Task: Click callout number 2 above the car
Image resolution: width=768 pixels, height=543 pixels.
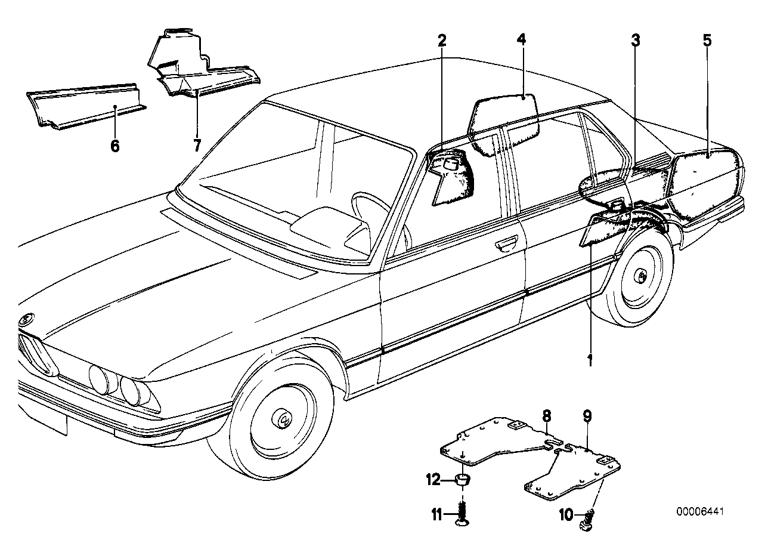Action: click(x=442, y=41)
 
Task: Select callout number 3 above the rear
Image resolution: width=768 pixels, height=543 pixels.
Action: click(x=636, y=41)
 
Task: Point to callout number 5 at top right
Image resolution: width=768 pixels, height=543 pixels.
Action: click(x=707, y=41)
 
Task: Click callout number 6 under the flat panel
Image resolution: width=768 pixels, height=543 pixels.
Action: click(x=115, y=145)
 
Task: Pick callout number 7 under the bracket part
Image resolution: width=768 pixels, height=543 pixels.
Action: click(x=197, y=145)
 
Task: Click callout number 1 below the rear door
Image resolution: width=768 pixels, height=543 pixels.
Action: click(x=590, y=360)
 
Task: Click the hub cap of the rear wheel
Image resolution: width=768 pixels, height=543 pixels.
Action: click(x=643, y=276)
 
